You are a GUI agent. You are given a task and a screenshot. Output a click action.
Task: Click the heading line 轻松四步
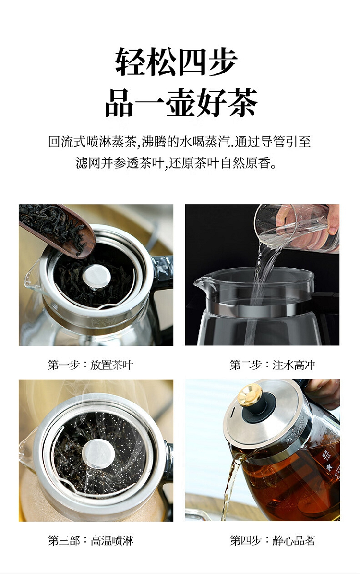click(x=176, y=62)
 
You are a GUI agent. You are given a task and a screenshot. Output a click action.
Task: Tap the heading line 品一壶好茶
click(x=181, y=103)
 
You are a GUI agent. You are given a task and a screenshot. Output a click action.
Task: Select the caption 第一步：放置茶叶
click(x=90, y=365)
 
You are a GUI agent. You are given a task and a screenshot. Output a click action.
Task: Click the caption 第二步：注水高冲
click(x=272, y=365)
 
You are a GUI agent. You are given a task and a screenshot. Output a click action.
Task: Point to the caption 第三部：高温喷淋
click(x=90, y=540)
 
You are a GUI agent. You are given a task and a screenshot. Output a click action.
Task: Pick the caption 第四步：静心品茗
click(x=272, y=540)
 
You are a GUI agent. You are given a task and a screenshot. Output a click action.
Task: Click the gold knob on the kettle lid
click(x=250, y=395)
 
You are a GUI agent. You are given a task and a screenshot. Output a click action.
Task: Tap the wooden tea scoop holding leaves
click(x=57, y=229)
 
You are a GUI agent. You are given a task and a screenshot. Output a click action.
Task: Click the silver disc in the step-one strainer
click(x=96, y=276)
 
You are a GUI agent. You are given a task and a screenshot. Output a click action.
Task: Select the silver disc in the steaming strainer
click(x=98, y=454)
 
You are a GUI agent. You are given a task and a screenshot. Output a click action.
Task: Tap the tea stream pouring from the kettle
click(x=231, y=485)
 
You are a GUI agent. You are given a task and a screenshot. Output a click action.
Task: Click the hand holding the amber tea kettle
click(x=324, y=393)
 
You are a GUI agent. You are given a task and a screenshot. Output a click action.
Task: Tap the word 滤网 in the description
click(x=88, y=162)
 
